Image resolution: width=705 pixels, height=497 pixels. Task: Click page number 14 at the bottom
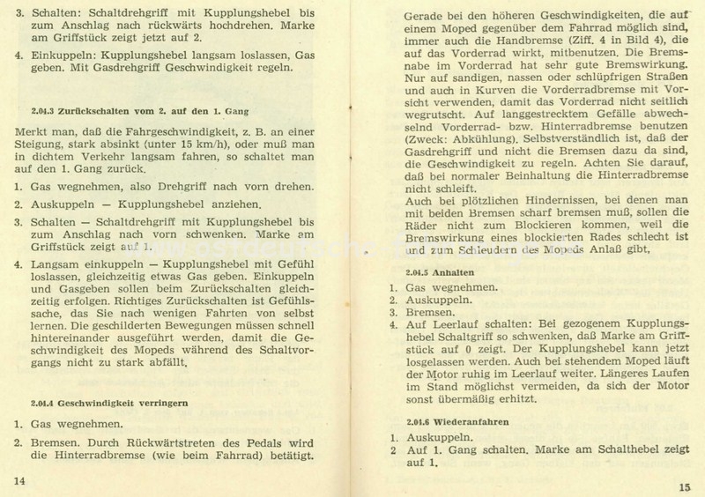(x=19, y=478)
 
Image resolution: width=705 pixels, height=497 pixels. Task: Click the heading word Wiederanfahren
(x=471, y=420)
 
